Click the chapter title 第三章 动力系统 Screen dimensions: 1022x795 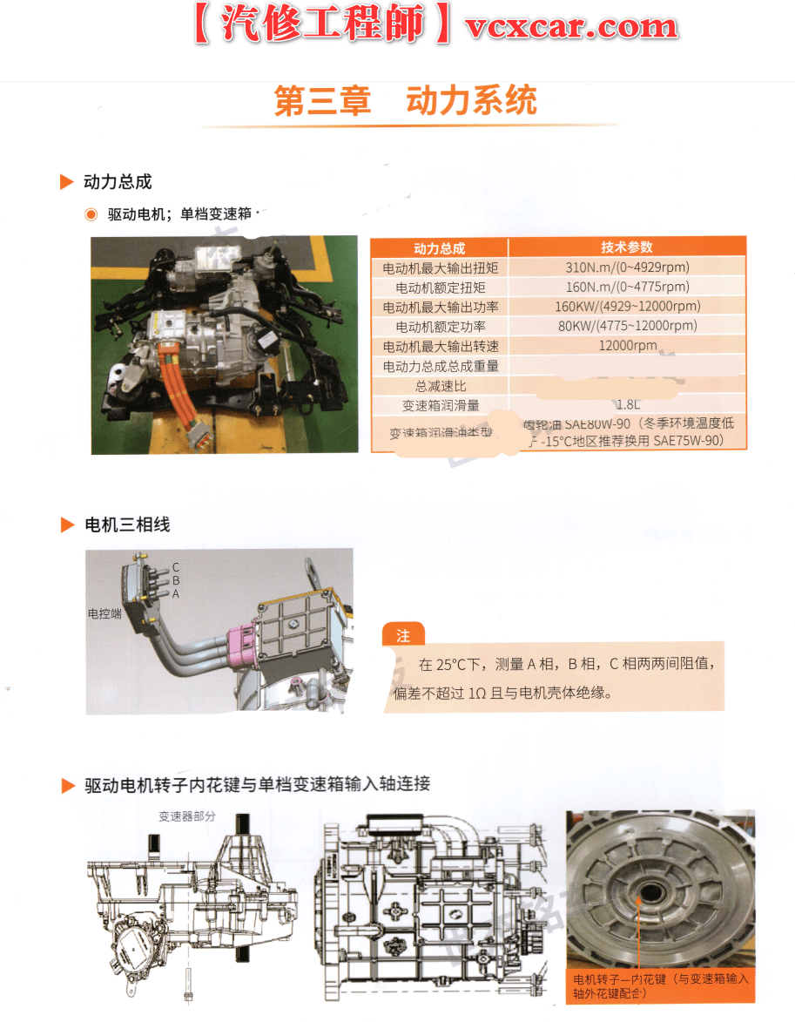coord(406,101)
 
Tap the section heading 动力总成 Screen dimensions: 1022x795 coord(118,182)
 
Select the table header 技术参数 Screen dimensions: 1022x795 coord(627,247)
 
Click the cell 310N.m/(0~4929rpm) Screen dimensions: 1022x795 coord(627,267)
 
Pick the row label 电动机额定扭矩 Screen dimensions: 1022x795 coord(440,288)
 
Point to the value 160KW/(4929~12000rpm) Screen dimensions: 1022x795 coord(627,307)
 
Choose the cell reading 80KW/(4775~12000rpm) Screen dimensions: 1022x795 coord(627,326)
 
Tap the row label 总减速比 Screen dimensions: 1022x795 coord(440,385)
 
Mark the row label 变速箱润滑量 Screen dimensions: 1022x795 coord(440,405)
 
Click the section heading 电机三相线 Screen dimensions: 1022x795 coord(127,525)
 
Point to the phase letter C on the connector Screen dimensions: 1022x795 coord(176,567)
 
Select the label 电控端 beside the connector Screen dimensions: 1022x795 coord(104,613)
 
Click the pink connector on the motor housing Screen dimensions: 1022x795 coord(239,646)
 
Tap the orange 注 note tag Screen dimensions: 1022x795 coord(402,636)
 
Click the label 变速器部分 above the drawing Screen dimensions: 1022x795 coord(186,816)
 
